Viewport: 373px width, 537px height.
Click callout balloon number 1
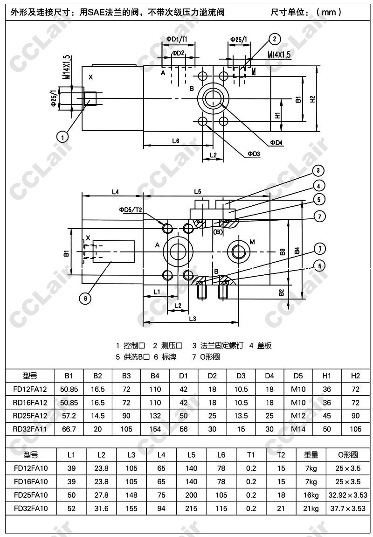(62, 137)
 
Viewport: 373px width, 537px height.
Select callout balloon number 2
(274, 39)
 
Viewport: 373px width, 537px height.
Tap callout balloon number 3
(318, 170)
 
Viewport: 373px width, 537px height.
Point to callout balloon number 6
(85, 298)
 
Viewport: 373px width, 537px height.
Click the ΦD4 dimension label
(276, 142)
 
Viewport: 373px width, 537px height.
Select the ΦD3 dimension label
(254, 154)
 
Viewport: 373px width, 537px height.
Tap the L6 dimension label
(176, 140)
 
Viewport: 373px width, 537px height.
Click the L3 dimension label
(192, 319)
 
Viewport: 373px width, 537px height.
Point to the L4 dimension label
(115, 192)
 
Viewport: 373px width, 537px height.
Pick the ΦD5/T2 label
(131, 209)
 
